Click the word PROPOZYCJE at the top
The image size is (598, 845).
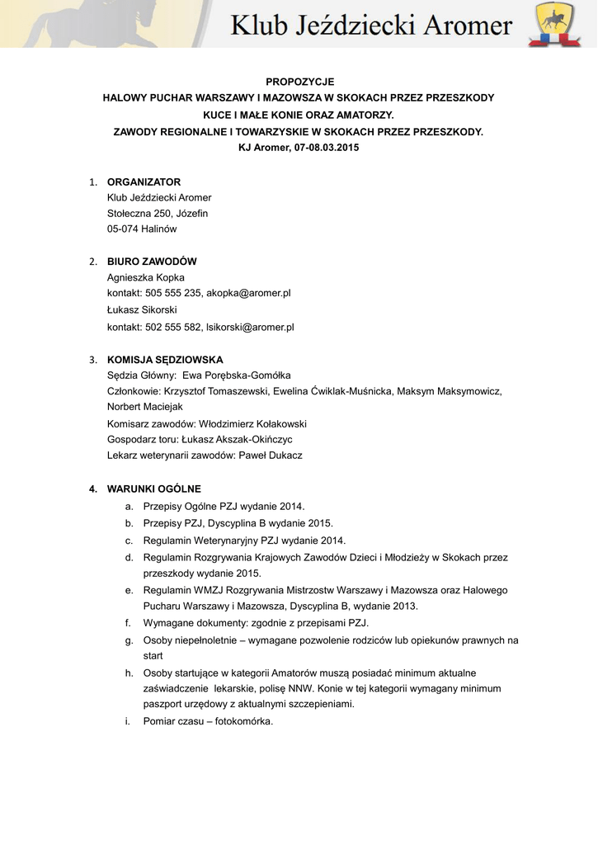[299, 82]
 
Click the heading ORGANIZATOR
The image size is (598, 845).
[144, 182]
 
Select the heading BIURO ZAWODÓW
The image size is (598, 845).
[152, 262]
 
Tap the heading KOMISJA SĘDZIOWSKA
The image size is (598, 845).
[165, 360]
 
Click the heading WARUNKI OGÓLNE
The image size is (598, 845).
[153, 489]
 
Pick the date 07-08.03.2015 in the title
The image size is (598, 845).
[327, 148]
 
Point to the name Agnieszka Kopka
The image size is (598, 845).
[146, 277]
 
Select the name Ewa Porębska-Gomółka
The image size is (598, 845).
[237, 375]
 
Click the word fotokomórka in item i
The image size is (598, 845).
[243, 721]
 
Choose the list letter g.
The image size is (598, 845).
[129, 640]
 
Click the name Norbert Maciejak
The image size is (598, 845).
[145, 407]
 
